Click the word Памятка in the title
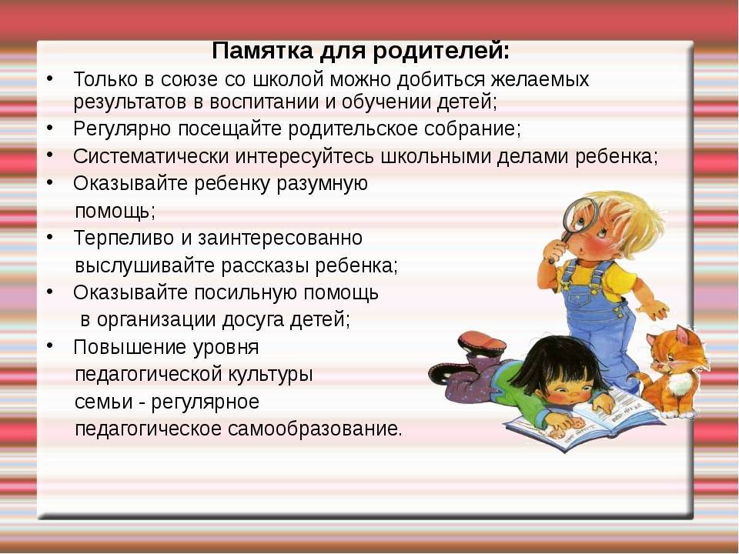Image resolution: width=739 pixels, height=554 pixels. (x=262, y=51)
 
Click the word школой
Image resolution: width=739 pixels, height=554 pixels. (x=289, y=79)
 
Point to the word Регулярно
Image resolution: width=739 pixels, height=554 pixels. (x=122, y=129)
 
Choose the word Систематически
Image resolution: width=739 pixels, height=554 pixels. (x=151, y=156)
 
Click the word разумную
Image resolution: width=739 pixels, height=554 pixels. (x=322, y=184)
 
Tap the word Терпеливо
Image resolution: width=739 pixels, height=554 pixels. (x=124, y=239)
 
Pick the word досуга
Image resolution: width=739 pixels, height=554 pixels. (x=252, y=320)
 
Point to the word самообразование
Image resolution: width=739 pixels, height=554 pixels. (x=315, y=429)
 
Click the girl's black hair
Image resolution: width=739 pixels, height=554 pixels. (x=555, y=362)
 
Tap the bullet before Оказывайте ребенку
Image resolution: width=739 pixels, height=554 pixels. (x=50, y=182)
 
